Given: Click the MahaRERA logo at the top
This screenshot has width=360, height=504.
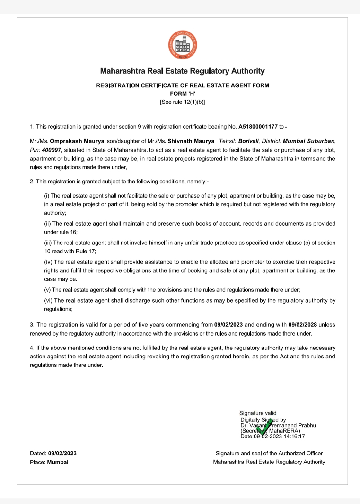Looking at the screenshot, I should (183, 45).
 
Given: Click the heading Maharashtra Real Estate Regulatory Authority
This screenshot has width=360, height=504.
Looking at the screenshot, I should (182, 71).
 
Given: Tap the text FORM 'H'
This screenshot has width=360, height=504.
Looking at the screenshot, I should (183, 94).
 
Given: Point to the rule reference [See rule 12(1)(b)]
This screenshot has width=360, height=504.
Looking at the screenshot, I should (182, 102).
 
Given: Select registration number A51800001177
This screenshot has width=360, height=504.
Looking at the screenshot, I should (258, 127).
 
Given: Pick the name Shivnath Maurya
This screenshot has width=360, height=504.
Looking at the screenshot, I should (191, 141).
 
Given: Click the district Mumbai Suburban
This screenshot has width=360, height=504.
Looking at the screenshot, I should (308, 141).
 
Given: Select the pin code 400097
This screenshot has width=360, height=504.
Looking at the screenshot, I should (51, 150).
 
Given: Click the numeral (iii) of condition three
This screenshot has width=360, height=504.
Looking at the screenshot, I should (48, 243).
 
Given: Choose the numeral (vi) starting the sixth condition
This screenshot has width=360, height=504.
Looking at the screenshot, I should (48, 301).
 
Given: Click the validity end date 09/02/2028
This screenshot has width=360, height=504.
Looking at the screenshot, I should (302, 325).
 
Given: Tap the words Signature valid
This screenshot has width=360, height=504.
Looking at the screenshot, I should (258, 413).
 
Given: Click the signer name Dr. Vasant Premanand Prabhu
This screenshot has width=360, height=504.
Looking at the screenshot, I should (278, 425).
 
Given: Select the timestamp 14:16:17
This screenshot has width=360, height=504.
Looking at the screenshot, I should (294, 436).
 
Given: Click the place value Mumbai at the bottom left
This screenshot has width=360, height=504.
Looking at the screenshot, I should (58, 462).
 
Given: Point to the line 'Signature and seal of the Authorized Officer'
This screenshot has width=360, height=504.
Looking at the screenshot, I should (269, 453).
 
